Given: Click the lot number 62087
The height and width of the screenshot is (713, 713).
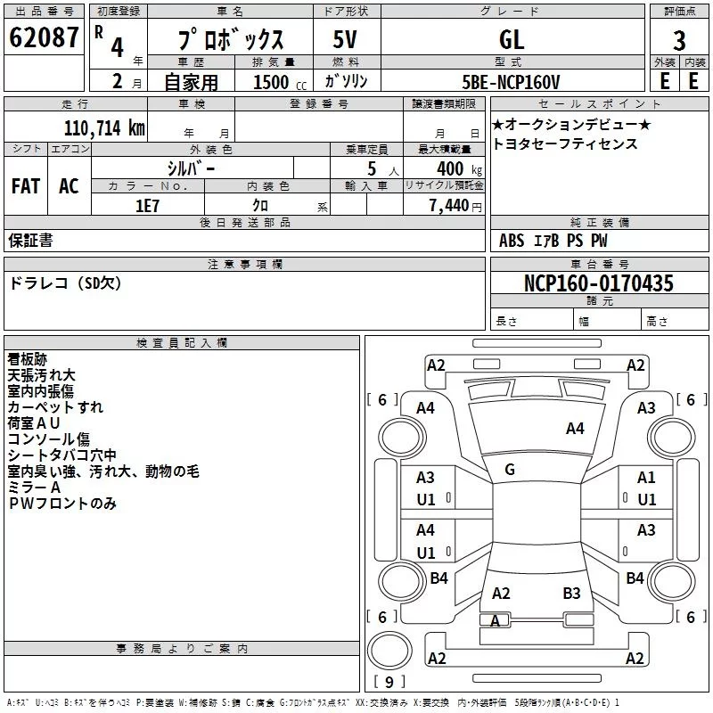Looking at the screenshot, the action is pos(44,37).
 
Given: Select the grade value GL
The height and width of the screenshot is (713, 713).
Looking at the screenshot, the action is pos(512,39).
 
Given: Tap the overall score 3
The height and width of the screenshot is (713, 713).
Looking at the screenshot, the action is pos(679,41).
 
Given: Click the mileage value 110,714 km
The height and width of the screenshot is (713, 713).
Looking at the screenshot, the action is pos(104,128).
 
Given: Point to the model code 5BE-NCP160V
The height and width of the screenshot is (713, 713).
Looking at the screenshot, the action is pos(511,82).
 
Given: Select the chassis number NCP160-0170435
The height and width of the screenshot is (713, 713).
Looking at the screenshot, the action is pos(598,283).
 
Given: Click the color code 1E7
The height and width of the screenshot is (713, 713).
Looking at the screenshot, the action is pos(147,206).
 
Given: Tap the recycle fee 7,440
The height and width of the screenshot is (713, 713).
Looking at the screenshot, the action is pos(449,206).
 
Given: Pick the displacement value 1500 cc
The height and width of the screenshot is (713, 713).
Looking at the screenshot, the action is pos(280,82).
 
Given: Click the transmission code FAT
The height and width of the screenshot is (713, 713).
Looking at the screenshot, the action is pos(26,186).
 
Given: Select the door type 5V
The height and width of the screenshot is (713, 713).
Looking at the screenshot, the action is pos(345,39).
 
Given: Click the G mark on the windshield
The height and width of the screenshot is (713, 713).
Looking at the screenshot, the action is pos(510,470).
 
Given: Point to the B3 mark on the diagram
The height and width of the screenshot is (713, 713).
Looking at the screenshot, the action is pos(571,593).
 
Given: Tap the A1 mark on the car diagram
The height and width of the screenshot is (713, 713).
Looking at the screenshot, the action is pos(646,478).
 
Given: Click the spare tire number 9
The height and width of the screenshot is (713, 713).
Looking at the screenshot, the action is pos(389,682).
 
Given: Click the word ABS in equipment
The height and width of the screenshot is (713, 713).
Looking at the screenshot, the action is pos(512,240).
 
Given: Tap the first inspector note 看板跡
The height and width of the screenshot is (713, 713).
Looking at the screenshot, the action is pos(28,359).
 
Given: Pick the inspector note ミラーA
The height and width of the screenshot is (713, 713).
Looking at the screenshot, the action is pos(34,488).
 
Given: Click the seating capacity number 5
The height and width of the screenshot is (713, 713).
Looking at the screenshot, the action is pos(372,168).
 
